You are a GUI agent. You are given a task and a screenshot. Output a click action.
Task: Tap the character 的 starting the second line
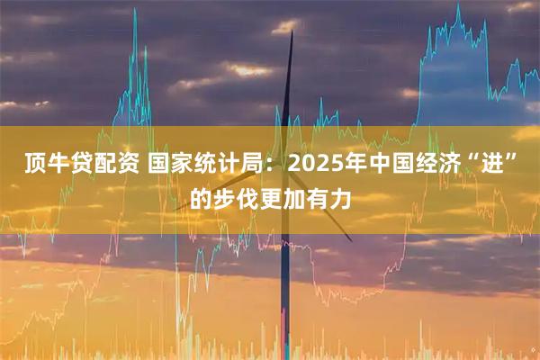202,196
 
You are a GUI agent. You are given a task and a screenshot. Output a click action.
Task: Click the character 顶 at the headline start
21,166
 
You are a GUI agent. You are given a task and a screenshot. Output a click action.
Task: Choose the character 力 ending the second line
338,196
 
